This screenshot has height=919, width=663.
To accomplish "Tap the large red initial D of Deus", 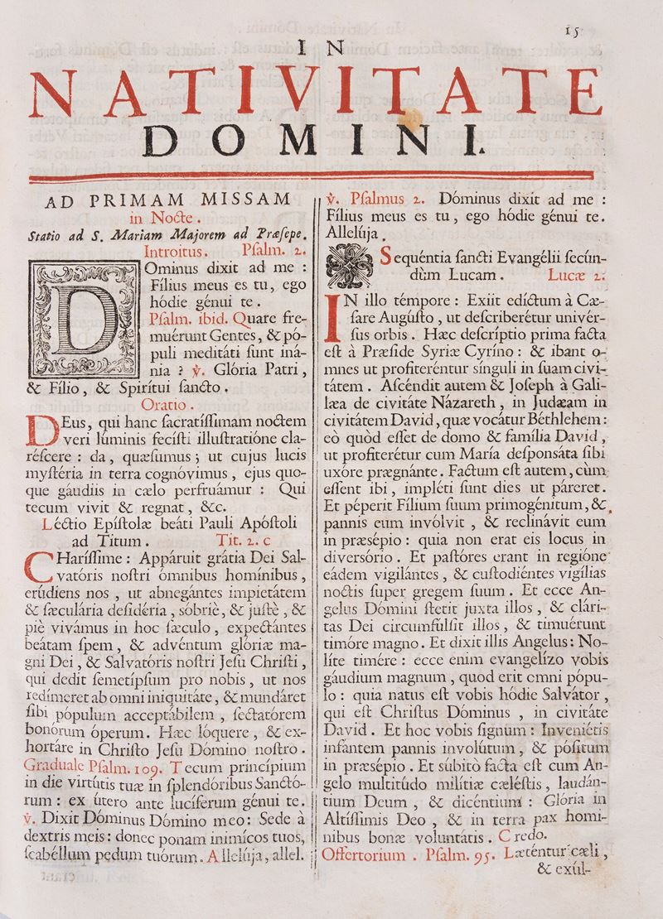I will [x=40, y=430].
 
